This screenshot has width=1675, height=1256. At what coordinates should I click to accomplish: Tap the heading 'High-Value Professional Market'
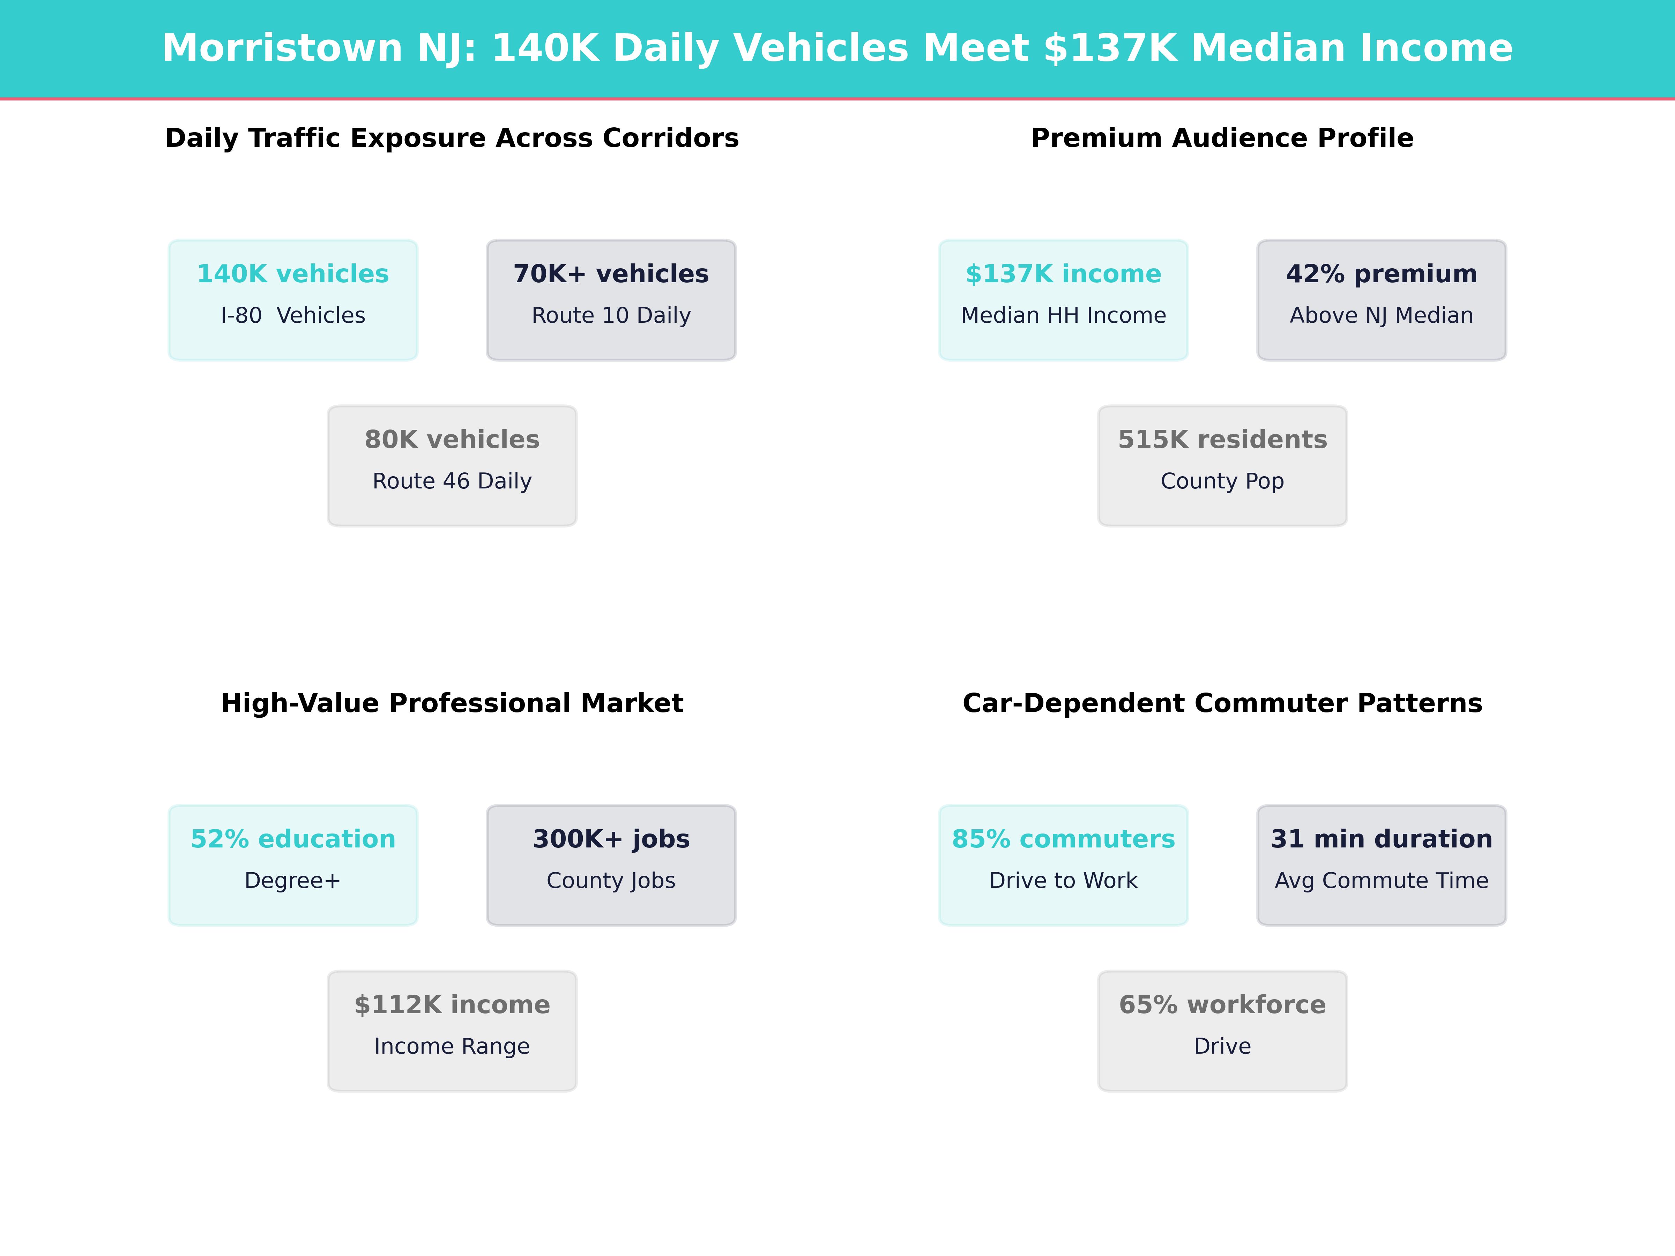(452, 703)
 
